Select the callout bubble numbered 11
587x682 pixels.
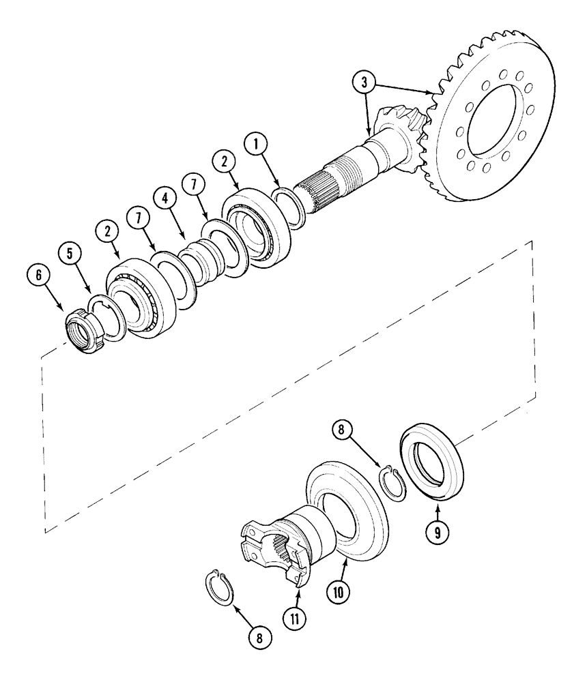point(293,618)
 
